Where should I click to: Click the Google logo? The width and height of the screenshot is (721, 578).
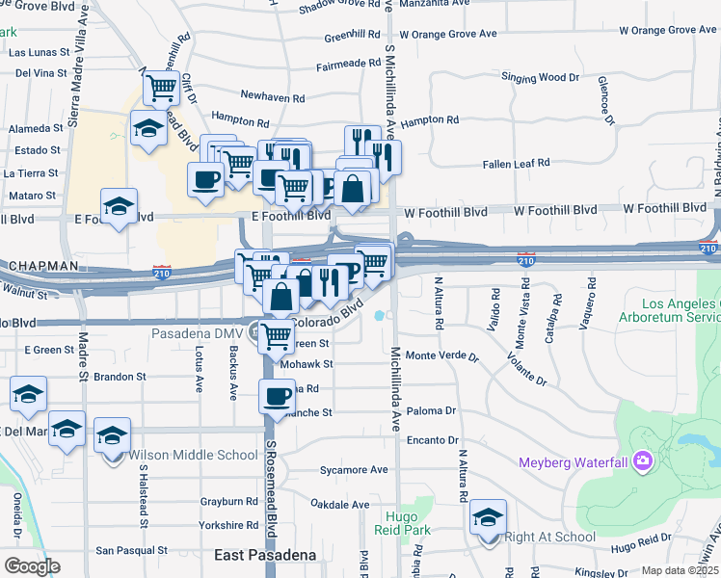pos(31,565)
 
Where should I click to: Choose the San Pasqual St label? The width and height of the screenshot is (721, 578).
pos(131,551)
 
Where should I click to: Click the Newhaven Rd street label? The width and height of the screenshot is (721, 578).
pos(273,98)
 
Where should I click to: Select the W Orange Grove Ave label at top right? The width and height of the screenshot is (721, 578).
pos(668,30)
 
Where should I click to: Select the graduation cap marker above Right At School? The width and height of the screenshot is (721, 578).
pos(488,517)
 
